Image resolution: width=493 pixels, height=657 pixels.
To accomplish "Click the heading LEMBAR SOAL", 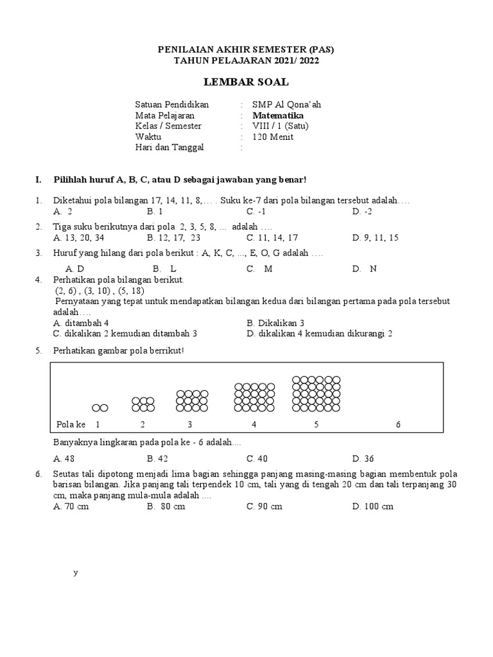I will [246, 82].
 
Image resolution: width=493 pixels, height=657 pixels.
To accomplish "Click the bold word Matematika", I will [279, 115].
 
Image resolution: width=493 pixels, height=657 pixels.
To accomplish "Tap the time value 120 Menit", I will [273, 137].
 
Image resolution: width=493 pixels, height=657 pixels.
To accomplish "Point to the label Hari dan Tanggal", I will [169, 147].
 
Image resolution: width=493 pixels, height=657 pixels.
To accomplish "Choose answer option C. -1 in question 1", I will [255, 211].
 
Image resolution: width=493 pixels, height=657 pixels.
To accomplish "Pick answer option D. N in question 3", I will [364, 269].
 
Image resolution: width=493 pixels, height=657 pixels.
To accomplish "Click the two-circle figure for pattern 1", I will [100, 407].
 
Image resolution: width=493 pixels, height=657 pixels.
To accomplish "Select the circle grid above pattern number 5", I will [316, 393].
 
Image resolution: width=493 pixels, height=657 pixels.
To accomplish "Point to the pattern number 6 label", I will [398, 425].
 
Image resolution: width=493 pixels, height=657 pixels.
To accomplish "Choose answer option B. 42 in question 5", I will [157, 458].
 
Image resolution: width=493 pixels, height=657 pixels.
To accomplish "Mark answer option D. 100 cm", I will [372, 506].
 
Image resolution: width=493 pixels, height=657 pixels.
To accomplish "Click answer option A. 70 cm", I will [71, 506].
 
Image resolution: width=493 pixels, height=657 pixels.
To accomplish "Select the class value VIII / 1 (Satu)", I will [281, 126].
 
